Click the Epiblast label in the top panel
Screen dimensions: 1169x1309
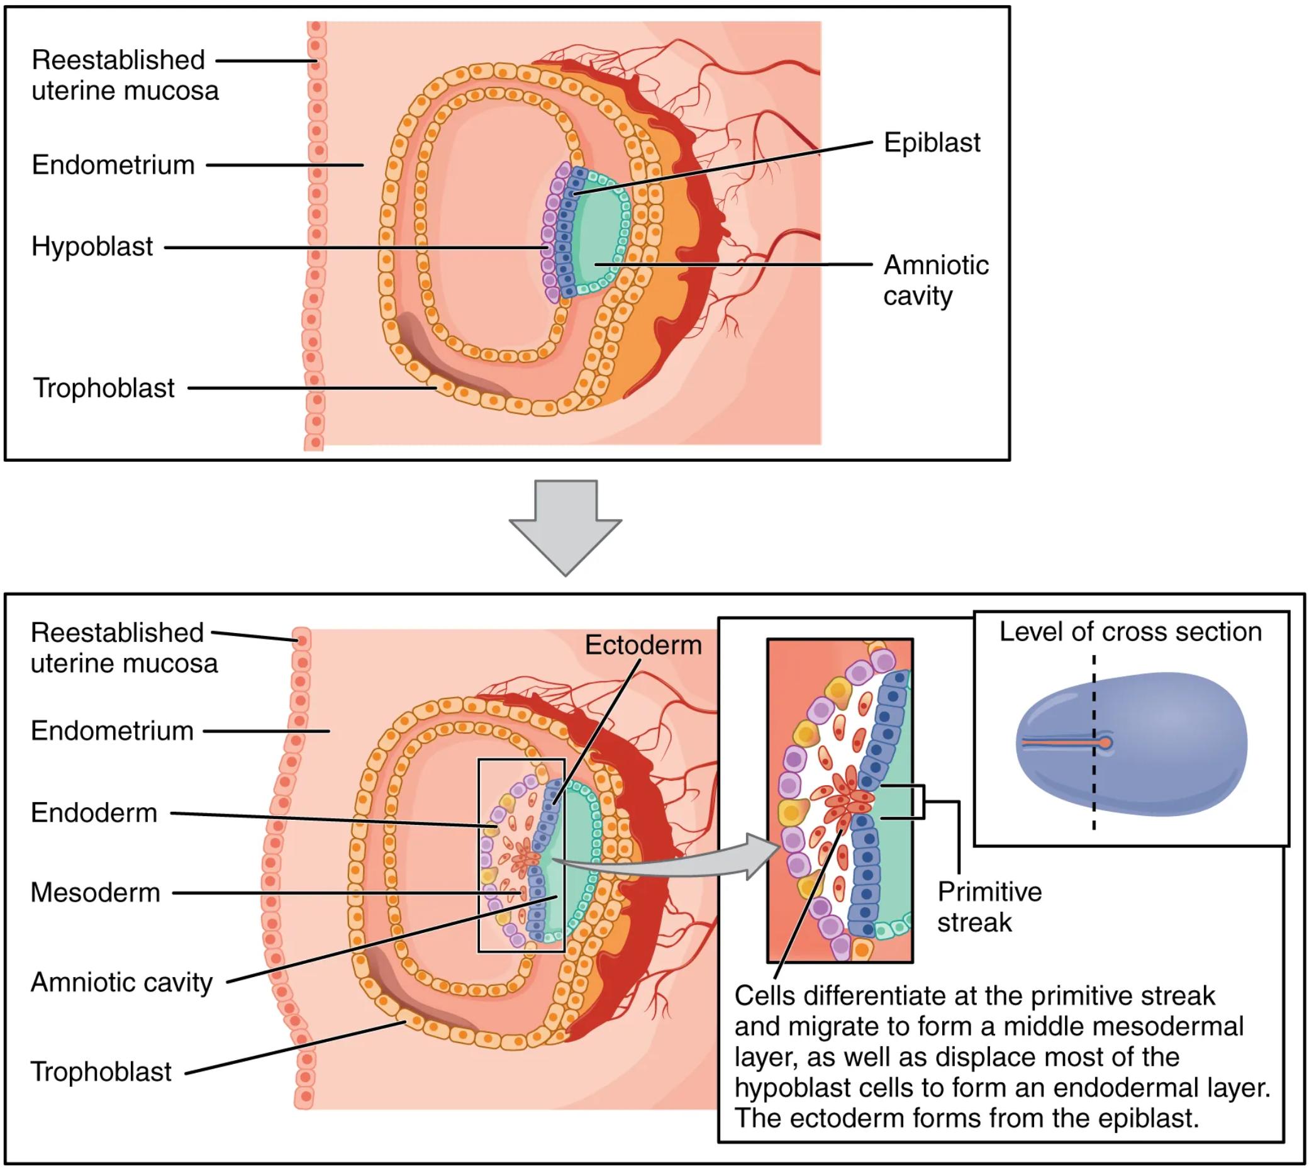932,143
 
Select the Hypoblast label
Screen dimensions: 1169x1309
92,247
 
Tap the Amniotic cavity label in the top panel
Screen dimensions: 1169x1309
935,280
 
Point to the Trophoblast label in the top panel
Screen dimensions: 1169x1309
104,388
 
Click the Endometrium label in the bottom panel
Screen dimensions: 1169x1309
112,731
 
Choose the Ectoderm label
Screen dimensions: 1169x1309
643,645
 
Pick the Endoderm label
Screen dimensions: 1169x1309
94,813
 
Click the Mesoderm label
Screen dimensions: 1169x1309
95,893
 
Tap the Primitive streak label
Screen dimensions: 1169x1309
989,907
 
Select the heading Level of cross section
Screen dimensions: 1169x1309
1130,632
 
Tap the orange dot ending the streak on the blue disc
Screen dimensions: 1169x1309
1105,743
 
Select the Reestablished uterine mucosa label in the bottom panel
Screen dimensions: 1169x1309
123,647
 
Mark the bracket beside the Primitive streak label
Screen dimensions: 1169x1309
923,802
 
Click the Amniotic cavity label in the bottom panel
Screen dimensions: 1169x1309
121,983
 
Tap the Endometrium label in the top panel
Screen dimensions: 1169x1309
113,165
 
